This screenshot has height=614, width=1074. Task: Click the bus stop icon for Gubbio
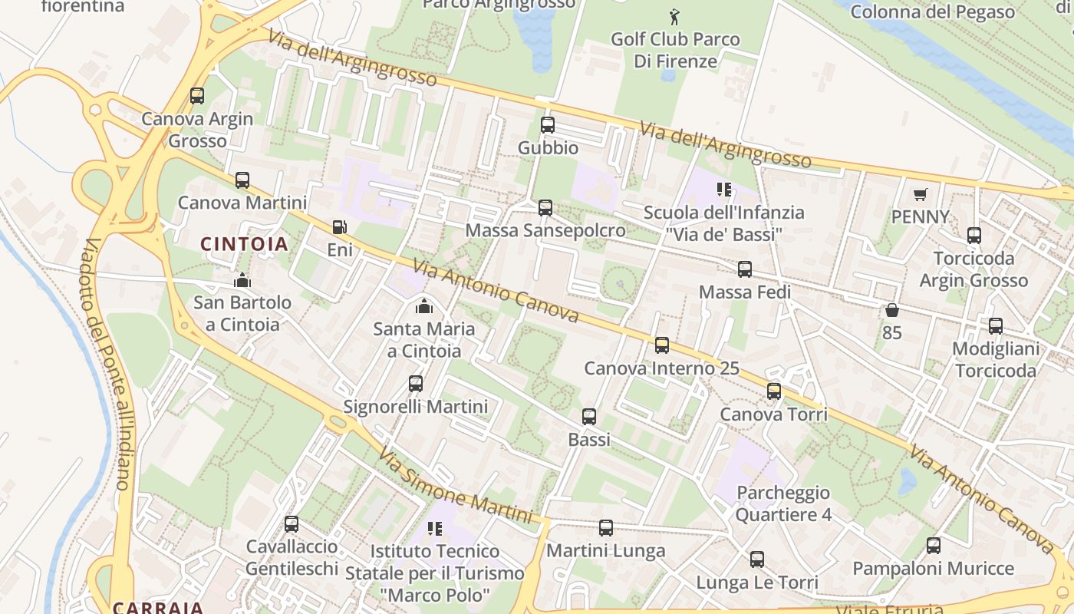click(548, 125)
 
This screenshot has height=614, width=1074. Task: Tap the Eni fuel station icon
click(339, 227)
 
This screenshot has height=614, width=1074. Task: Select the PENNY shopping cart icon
click(920, 194)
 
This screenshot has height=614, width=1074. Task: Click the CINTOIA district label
click(245, 244)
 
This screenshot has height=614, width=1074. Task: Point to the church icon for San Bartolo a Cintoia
click(242, 280)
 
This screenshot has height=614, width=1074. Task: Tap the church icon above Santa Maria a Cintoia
click(423, 306)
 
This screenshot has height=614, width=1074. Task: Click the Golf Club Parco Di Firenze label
click(675, 50)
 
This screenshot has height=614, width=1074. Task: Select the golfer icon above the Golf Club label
click(674, 16)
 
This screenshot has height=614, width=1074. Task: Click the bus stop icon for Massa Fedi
click(744, 269)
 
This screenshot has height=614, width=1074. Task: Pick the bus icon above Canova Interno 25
click(662, 345)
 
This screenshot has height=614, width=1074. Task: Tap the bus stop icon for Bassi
click(589, 417)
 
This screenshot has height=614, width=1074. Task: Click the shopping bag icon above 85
click(891, 310)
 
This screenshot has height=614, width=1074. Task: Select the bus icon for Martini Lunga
click(606, 528)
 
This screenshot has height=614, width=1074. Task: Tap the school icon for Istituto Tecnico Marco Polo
click(435, 528)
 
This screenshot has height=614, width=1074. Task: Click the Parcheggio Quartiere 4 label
click(783, 503)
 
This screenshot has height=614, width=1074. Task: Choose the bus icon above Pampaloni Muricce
click(934, 546)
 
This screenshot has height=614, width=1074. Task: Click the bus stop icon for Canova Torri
click(774, 391)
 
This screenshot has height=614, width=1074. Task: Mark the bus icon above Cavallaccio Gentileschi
click(292, 524)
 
